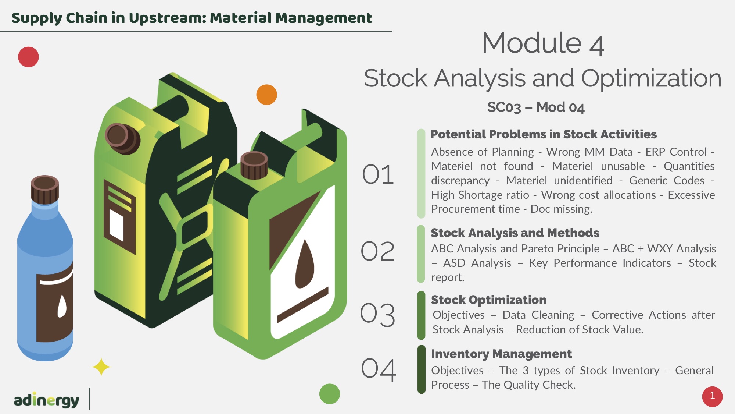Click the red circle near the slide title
tap(28, 57)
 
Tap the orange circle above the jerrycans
tap(266, 95)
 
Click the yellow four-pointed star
tap(101, 367)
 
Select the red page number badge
tap(712, 396)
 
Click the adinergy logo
tap(46, 400)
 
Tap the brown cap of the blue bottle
tap(44, 189)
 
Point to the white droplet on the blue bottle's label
tap(62, 306)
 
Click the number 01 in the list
tap(378, 174)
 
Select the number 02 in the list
tap(378, 251)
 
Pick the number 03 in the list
tap(378, 315)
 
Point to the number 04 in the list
tap(379, 369)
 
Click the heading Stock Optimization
tap(489, 300)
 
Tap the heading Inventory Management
tap(501, 354)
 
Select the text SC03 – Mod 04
tap(536, 107)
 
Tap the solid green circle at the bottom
tap(330, 394)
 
